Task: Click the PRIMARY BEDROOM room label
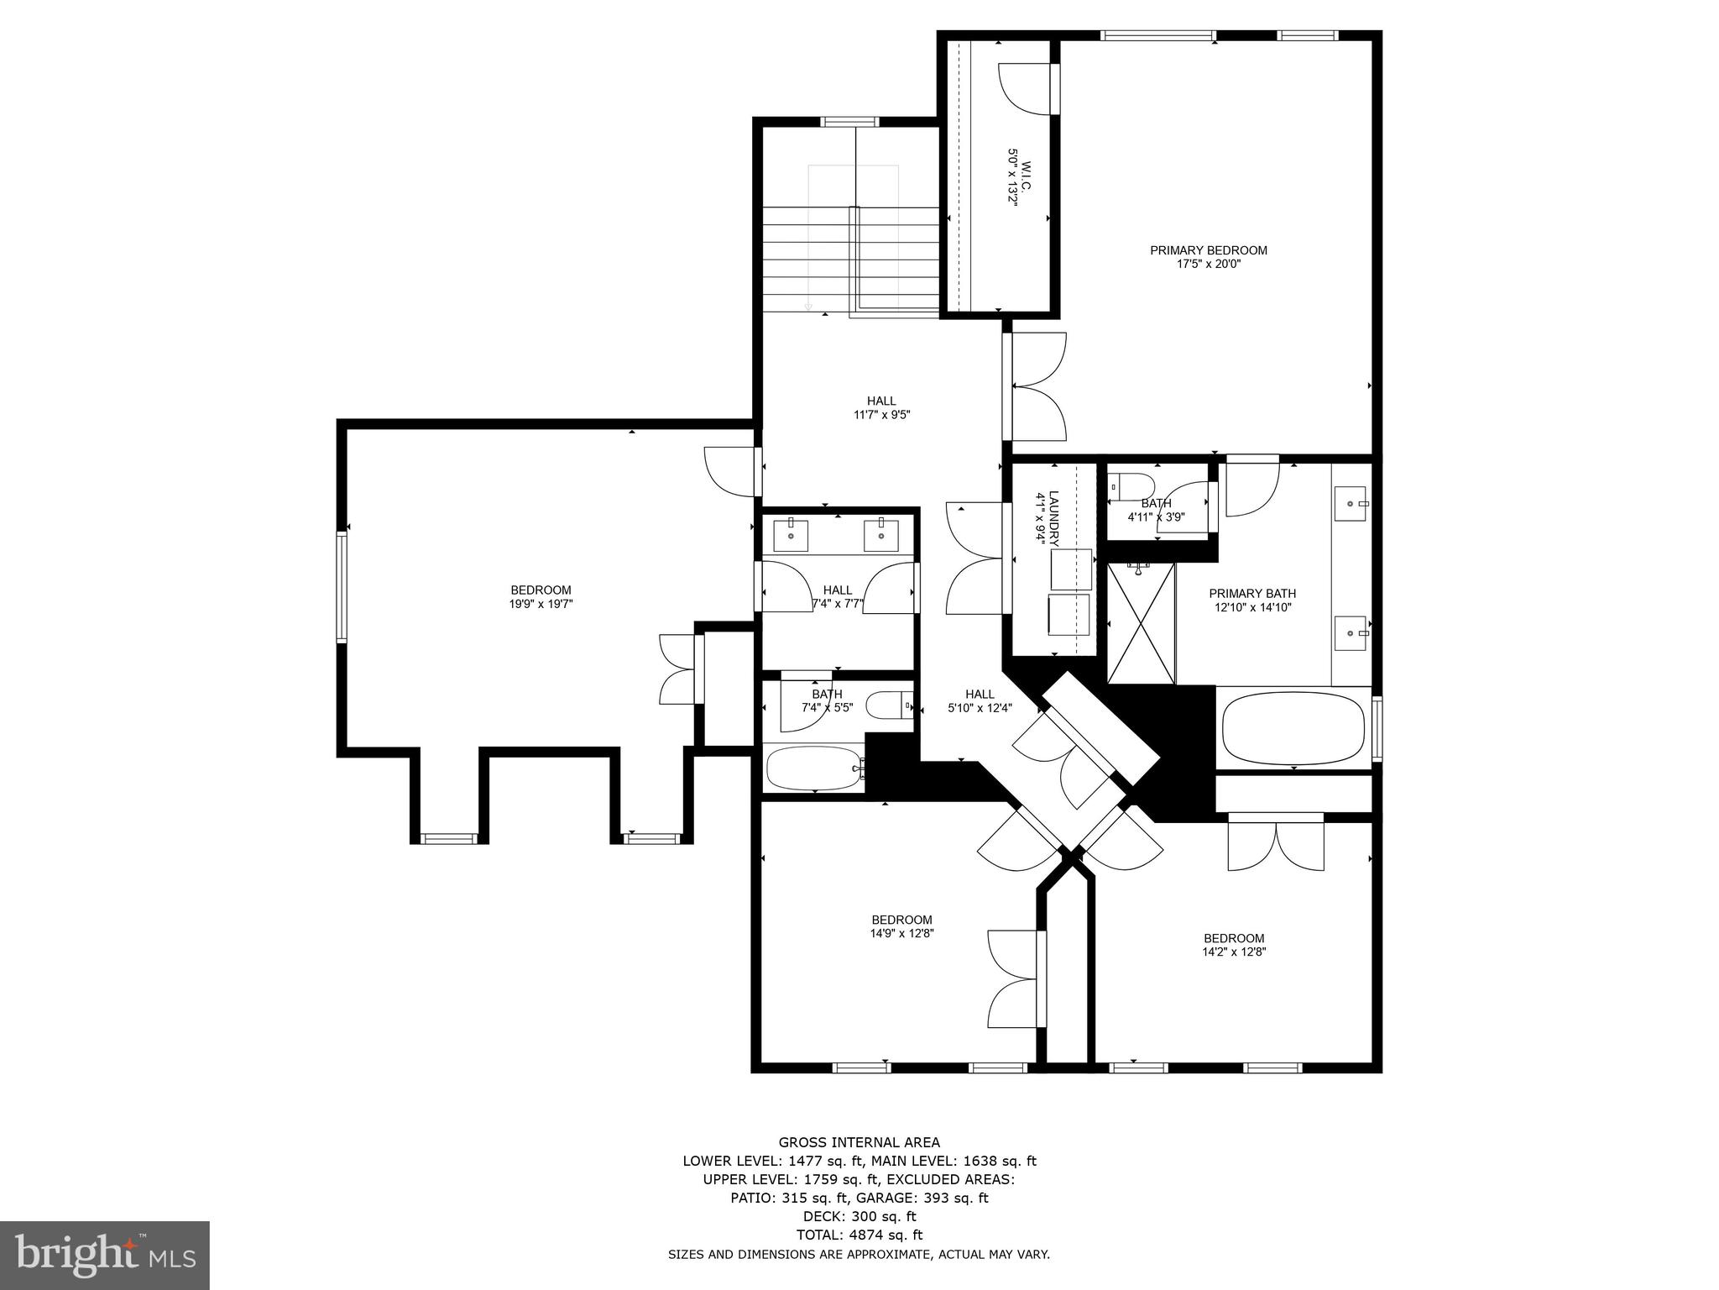pyautogui.click(x=1208, y=250)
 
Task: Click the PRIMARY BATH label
pyautogui.click(x=1252, y=594)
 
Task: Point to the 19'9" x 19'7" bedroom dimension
pyautogui.click(x=541, y=604)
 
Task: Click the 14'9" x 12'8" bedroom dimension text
pyautogui.click(x=901, y=933)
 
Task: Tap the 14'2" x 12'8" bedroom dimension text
pyautogui.click(x=1233, y=952)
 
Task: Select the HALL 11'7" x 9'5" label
pyautogui.click(x=881, y=407)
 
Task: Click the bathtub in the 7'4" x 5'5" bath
pyautogui.click(x=812, y=768)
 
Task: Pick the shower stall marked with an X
pyautogui.click(x=1141, y=623)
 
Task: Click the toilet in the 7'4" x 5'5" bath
pyautogui.click(x=888, y=705)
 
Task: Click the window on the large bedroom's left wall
pyautogui.click(x=342, y=586)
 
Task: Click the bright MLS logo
pyautogui.click(x=104, y=1255)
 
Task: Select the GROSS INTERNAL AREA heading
pyautogui.click(x=859, y=1142)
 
